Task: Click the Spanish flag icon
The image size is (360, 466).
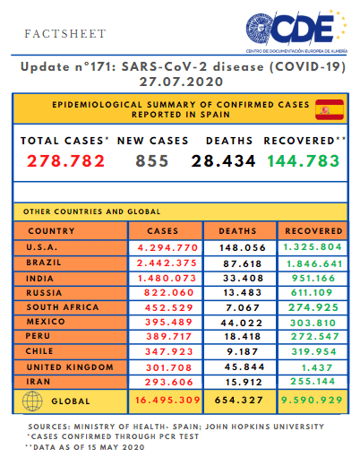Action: pyautogui.click(x=330, y=109)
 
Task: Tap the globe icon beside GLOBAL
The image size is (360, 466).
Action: pyautogui.click(x=32, y=401)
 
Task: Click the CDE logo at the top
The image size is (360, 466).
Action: pyautogui.click(x=296, y=31)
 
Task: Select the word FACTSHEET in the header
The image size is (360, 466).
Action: pyautogui.click(x=65, y=34)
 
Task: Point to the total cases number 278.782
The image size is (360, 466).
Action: pyautogui.click(x=65, y=161)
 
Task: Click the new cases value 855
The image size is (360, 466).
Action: pyautogui.click(x=152, y=161)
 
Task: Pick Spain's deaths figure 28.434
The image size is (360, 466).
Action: pyautogui.click(x=223, y=161)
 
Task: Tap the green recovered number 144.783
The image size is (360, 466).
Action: pyautogui.click(x=304, y=161)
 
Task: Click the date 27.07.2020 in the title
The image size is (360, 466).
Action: pyautogui.click(x=181, y=82)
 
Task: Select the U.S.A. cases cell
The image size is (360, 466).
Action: pyautogui.click(x=166, y=247)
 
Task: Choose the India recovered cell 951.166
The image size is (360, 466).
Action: pyautogui.click(x=313, y=279)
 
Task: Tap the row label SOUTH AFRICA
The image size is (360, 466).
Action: pyautogui.click(x=63, y=307)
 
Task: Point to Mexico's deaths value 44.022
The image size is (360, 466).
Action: pyautogui.click(x=242, y=323)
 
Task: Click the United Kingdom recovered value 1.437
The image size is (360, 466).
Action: pyautogui.click(x=317, y=367)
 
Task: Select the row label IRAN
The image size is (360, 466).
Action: pyautogui.click(x=39, y=382)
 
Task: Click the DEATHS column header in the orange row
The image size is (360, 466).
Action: pyautogui.click(x=237, y=231)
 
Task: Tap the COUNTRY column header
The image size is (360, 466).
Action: pyautogui.click(x=51, y=231)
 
